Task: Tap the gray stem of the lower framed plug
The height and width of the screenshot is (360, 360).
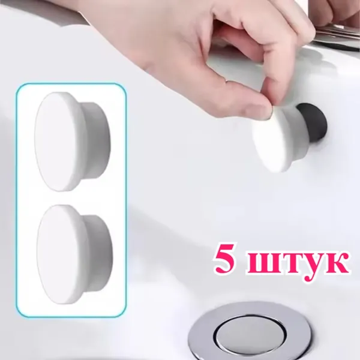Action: tap(100, 253)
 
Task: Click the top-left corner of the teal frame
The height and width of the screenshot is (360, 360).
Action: tap(17, 84)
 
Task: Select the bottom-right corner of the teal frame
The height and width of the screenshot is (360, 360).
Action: tap(126, 317)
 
